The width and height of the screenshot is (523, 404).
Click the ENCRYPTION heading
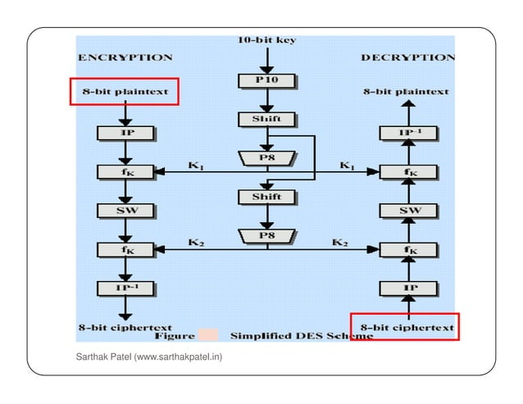click(125, 57)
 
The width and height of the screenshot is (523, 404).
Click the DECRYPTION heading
click(407, 57)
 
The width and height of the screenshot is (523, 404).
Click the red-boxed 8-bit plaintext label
click(124, 92)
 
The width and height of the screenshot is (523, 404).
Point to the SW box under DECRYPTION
click(407, 211)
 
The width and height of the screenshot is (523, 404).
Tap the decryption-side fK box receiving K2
click(407, 248)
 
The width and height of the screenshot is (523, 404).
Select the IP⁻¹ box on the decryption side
click(407, 133)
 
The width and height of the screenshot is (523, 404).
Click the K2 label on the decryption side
click(341, 243)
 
